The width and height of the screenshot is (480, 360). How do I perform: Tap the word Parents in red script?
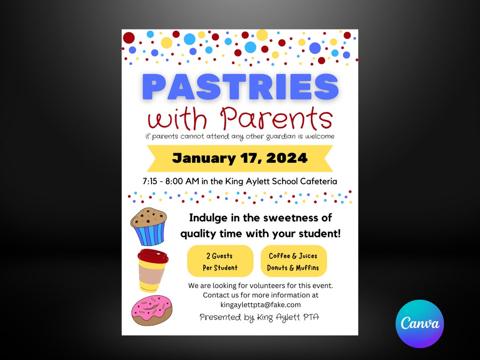pyautogui.click(x=276, y=119)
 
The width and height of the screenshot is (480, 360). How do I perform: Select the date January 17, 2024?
pyautogui.click(x=240, y=158)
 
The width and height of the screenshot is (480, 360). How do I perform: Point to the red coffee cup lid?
pyautogui.click(x=152, y=256)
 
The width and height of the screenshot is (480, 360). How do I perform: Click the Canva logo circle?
pyautogui.click(x=420, y=324)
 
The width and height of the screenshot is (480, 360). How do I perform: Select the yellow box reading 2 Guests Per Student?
pyautogui.click(x=220, y=261)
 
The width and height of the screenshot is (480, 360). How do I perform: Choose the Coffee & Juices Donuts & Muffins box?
pyautogui.click(x=293, y=261)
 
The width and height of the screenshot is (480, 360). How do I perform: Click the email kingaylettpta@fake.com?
pyautogui.click(x=260, y=304)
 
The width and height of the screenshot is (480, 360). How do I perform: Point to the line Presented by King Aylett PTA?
pyautogui.click(x=259, y=317)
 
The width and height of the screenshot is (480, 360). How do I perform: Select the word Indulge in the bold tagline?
pyautogui.click(x=206, y=218)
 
